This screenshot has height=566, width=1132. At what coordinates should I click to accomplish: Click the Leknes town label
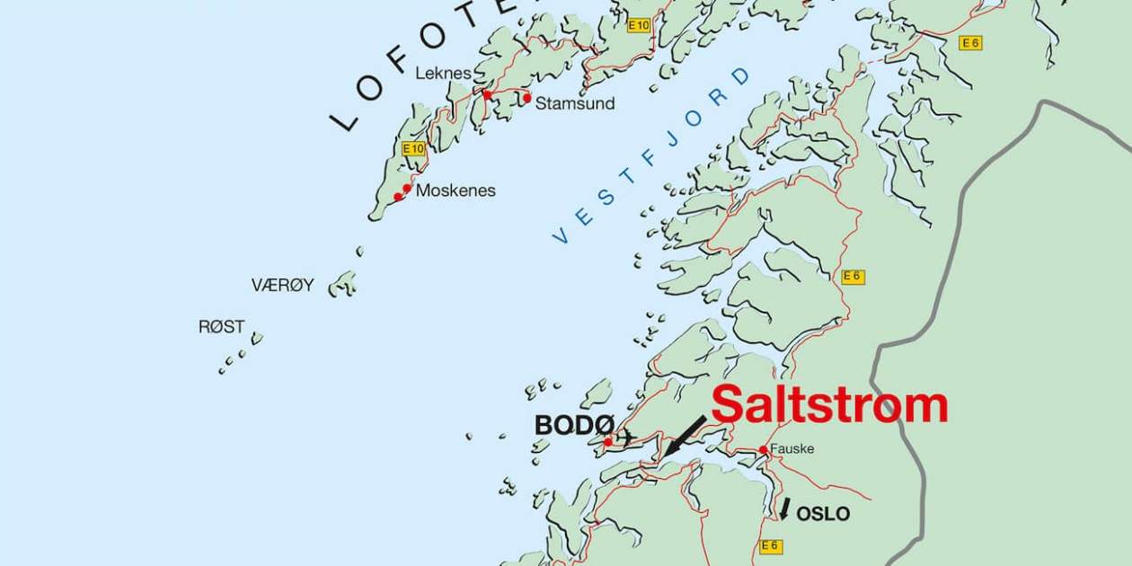[x=443, y=73]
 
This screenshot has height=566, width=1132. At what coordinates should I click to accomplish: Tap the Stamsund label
[x=575, y=103]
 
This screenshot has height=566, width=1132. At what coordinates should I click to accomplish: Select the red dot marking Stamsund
[x=527, y=98]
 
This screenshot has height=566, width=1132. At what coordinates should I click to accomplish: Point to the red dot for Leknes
[x=487, y=93]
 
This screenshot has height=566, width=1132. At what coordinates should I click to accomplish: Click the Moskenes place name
[x=455, y=190]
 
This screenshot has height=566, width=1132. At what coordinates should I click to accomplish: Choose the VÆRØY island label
[x=282, y=286]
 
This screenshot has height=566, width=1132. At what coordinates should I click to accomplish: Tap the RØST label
[x=221, y=327]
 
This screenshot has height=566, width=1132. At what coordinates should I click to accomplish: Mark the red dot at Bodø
[x=608, y=441]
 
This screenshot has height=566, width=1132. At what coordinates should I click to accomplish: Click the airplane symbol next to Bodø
[x=626, y=438]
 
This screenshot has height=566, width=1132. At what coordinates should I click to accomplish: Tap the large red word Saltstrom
[x=829, y=405]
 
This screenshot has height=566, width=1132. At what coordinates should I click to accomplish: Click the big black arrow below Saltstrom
[x=685, y=436]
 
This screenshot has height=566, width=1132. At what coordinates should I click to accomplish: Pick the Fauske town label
[x=792, y=448]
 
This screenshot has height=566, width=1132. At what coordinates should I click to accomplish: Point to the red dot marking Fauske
[x=763, y=450]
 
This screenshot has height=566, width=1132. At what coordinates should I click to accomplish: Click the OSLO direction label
[x=823, y=514]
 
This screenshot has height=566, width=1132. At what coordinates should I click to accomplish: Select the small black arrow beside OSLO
[x=784, y=509]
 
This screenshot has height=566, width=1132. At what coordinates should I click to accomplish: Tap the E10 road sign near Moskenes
[x=413, y=148]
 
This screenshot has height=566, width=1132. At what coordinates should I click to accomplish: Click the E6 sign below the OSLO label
[x=770, y=545]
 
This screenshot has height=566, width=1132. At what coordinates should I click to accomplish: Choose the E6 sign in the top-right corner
[x=969, y=42]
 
